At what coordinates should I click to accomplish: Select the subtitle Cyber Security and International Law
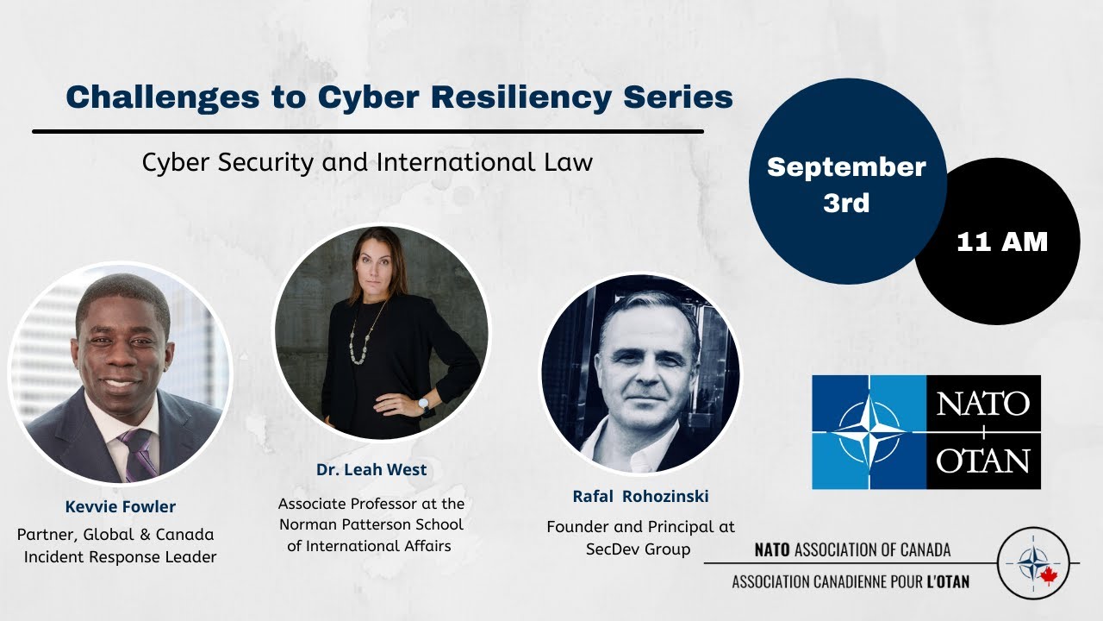pyautogui.click(x=367, y=162)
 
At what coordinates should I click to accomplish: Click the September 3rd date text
pyautogui.click(x=846, y=185)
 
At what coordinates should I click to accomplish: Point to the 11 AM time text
pyautogui.click(x=1002, y=242)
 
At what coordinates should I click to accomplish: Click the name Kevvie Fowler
pyautogui.click(x=120, y=506)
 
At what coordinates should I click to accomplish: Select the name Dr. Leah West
pyautogui.click(x=371, y=470)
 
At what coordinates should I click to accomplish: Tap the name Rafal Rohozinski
pyautogui.click(x=640, y=496)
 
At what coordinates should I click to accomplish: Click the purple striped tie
pyautogui.click(x=138, y=452)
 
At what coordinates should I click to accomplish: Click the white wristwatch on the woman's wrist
pyautogui.click(x=423, y=403)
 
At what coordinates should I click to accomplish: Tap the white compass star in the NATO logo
pyautogui.click(x=869, y=431)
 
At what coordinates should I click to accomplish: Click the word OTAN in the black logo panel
pyautogui.click(x=983, y=460)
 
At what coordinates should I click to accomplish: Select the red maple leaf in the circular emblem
pyautogui.click(x=1049, y=575)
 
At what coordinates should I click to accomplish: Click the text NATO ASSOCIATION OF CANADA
pyautogui.click(x=852, y=550)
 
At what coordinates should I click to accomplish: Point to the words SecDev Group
pyautogui.click(x=640, y=549)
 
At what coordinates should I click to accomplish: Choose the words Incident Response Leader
pyautogui.click(x=120, y=557)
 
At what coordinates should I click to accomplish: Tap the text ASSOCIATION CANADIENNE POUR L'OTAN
pyautogui.click(x=851, y=581)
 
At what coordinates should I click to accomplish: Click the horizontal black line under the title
pyautogui.click(x=367, y=131)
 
